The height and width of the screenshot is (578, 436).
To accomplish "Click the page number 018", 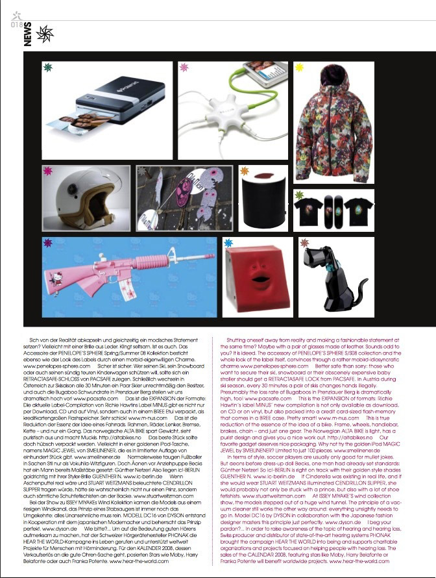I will pyautogui.click(x=17, y=25).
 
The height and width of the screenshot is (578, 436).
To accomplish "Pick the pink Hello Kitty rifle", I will pyautogui.click(x=130, y=279).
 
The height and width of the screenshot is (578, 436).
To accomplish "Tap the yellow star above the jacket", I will pyautogui.click(x=299, y=66).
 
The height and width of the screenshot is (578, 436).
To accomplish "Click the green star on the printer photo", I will pyautogui.click(x=47, y=66).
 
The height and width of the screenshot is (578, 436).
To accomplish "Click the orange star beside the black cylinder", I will pyautogui.click(x=244, y=171).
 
